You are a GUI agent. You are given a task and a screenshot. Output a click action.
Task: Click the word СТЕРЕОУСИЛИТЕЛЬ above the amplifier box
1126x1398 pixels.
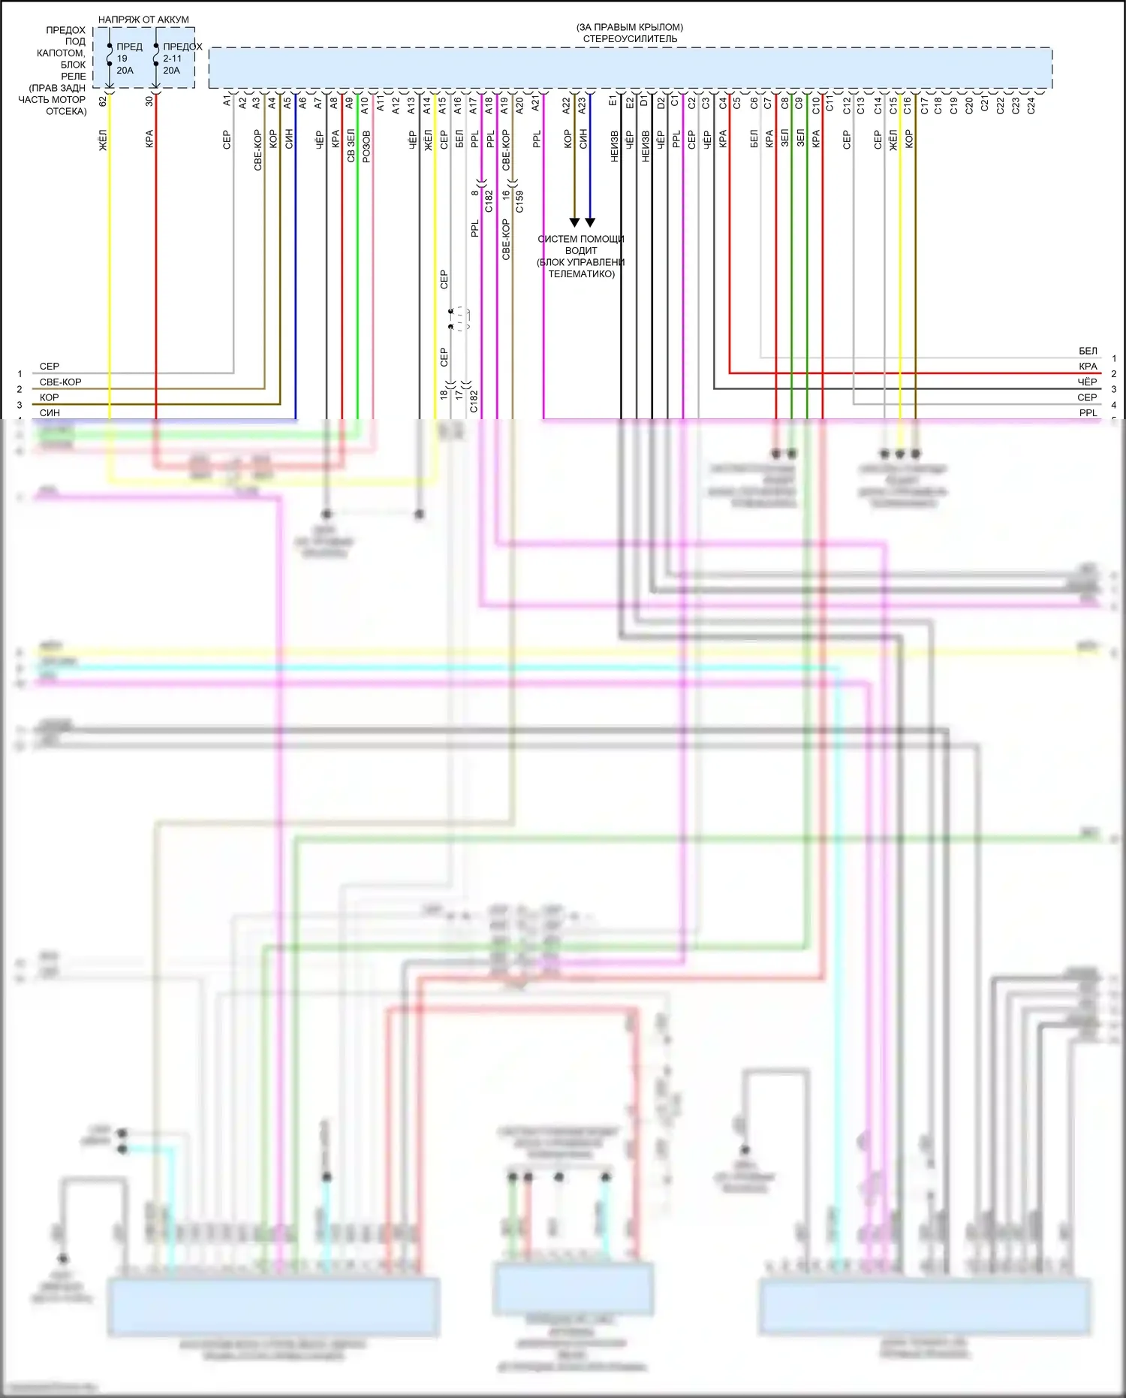point(630,39)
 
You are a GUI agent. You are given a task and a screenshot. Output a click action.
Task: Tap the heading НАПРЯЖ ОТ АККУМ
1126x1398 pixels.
point(143,20)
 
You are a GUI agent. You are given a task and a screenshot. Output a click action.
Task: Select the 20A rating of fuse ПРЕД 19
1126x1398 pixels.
point(125,71)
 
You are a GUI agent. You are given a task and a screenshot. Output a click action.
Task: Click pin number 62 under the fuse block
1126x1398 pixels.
point(103,101)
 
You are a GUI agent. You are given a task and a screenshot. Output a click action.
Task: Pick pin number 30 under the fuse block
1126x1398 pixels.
point(149,101)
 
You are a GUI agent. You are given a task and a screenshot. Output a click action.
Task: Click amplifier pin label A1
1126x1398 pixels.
point(227,101)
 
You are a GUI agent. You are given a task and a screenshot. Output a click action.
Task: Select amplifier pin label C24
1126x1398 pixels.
point(1031,105)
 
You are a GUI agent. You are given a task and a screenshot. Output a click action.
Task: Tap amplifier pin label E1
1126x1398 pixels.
point(613,101)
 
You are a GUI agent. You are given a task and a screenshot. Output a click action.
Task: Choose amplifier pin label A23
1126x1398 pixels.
point(582,105)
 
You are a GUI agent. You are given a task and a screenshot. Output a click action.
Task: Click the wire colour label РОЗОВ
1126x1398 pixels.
point(366,146)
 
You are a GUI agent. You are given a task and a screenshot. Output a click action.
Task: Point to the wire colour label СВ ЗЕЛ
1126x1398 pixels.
point(351,146)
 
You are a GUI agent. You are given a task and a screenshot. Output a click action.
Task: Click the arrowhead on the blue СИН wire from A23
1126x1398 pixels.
point(590,222)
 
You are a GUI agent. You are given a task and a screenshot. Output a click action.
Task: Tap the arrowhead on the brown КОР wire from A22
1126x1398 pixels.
point(574,222)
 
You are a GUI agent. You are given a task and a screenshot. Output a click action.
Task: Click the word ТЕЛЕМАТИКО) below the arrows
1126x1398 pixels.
point(581,274)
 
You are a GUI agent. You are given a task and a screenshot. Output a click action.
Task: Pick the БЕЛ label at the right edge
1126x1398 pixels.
point(1087,351)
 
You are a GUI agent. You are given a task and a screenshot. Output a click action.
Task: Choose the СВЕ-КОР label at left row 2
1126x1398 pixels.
point(60,382)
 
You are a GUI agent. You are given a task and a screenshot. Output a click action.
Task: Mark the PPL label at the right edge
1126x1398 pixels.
point(1087,413)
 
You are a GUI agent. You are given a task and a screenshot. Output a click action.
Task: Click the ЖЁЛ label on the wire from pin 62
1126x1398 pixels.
point(103,140)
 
